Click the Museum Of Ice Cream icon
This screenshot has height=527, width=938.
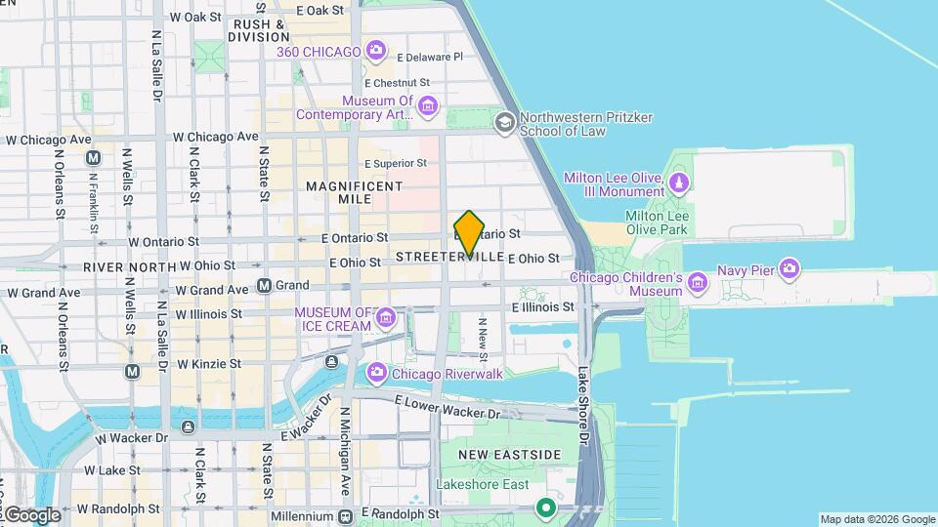(x=386, y=317)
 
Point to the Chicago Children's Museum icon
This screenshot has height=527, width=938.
(x=698, y=283)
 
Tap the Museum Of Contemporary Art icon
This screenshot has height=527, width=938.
(x=427, y=106)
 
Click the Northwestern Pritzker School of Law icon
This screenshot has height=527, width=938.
(x=504, y=123)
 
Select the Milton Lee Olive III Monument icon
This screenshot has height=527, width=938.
(x=679, y=182)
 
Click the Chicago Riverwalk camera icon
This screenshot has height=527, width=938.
(x=376, y=373)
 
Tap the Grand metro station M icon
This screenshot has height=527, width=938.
(x=264, y=286)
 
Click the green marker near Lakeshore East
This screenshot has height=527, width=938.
(x=545, y=508)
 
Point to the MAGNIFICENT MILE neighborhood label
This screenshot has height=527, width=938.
(x=354, y=192)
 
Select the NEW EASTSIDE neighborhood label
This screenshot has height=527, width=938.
(x=510, y=456)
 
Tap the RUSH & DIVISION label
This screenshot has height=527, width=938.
(x=260, y=30)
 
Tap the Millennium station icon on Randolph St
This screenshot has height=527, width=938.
(x=344, y=515)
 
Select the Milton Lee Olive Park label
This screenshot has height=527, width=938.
(x=657, y=223)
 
